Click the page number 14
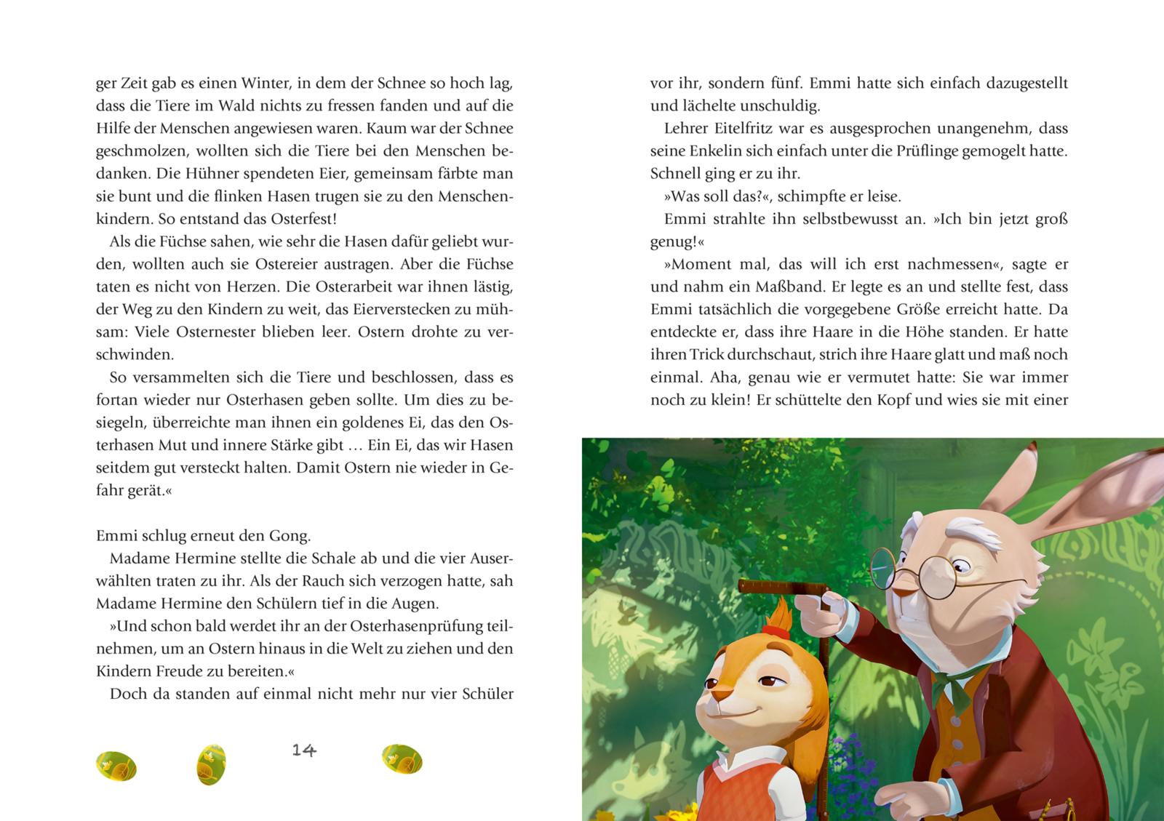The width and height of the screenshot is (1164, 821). [304, 750]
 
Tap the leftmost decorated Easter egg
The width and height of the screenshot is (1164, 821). [116, 765]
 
